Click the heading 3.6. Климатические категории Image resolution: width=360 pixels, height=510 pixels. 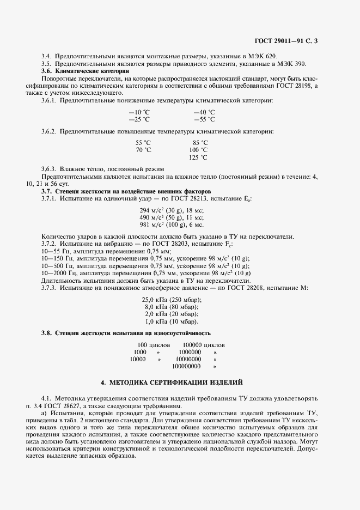(86, 71)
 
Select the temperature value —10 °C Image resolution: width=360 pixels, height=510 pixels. (139, 112)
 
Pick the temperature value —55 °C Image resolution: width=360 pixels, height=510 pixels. (204, 119)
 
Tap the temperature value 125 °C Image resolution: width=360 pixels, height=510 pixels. (198, 157)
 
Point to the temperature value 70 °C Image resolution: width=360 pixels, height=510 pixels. (143, 150)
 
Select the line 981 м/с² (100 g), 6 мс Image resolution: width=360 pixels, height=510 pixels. (172, 224)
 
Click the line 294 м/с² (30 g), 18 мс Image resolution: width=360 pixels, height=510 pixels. (172, 210)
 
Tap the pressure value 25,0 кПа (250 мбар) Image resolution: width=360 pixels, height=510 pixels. (172, 300)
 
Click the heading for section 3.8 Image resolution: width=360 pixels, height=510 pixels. (126, 332)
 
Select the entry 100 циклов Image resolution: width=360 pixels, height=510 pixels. (154, 345)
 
